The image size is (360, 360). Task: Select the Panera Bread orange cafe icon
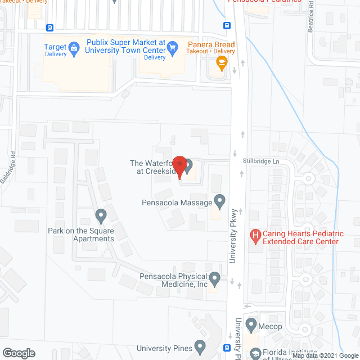tap(221, 64)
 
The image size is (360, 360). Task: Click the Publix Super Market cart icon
tap(173, 47)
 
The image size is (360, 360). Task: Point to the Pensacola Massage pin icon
tap(219, 201)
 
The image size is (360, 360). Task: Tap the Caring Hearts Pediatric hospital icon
tap(255, 236)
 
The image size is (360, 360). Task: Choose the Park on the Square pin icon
tap(101, 215)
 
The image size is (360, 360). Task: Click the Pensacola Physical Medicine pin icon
tap(214, 278)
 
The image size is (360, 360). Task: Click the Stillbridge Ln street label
tap(260, 160)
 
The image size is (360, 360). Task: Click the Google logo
tap(19, 353)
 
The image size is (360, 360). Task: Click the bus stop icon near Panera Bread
tap(227, 25)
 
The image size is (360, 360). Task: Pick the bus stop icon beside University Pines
tap(227, 348)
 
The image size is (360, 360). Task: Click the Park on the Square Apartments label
tap(81, 235)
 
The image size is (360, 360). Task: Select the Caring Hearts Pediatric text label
tap(300, 237)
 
